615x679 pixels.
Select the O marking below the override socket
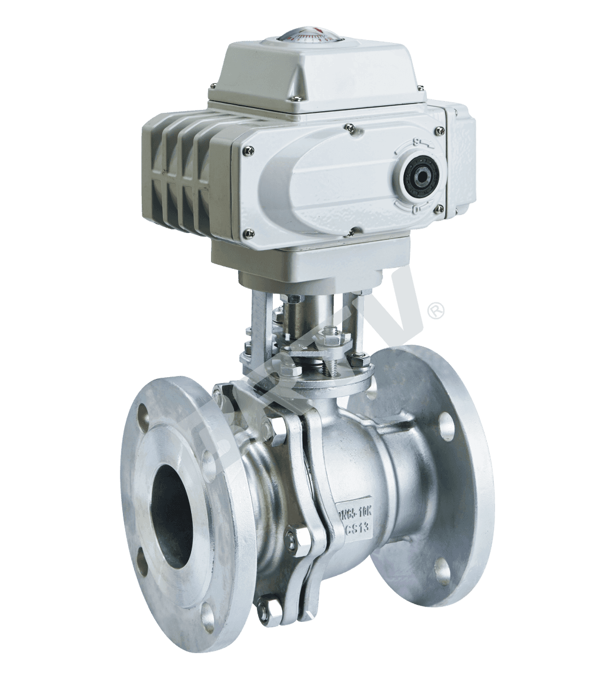coord(416,208)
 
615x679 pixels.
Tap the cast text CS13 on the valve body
coord(356,528)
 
